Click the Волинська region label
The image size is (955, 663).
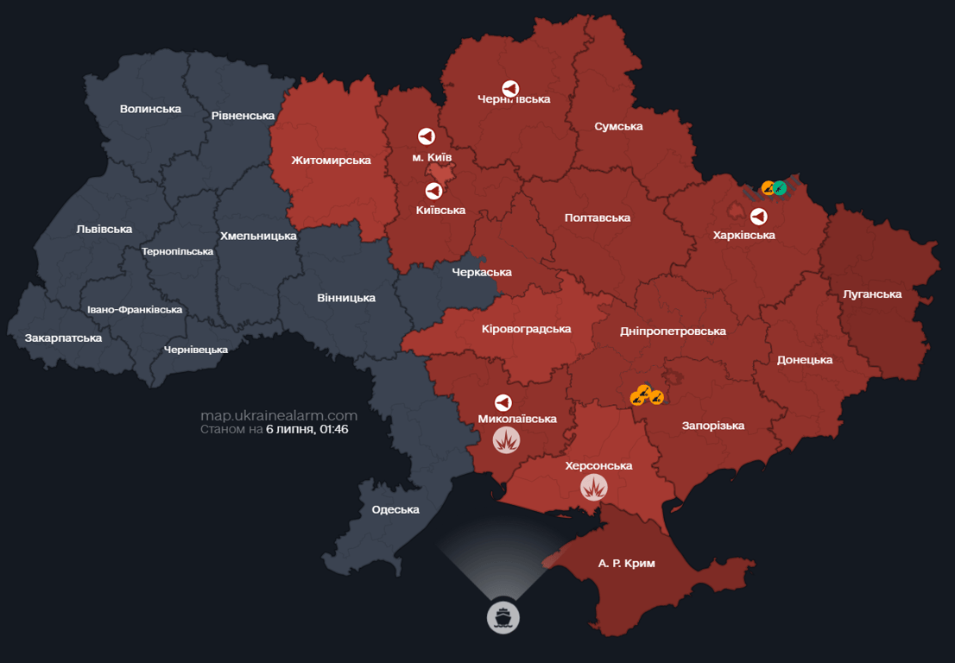pyautogui.click(x=150, y=109)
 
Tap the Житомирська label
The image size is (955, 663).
pyautogui.click(x=331, y=161)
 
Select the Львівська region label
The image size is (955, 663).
pyautogui.click(x=104, y=229)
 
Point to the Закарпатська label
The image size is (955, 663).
pyautogui.click(x=63, y=338)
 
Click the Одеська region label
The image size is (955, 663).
pyautogui.click(x=395, y=509)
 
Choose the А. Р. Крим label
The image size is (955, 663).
pyautogui.click(x=626, y=563)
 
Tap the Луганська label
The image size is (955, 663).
pyautogui.click(x=872, y=294)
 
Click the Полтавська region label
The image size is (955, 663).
pyautogui.click(x=597, y=218)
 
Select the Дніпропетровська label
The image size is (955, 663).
pyautogui.click(x=673, y=331)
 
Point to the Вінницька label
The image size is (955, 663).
pyautogui.click(x=346, y=298)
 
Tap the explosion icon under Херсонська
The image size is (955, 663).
pyautogui.click(x=593, y=488)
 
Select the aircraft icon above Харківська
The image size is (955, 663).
pyautogui.click(x=758, y=216)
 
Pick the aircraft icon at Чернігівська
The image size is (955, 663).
pyautogui.click(x=510, y=89)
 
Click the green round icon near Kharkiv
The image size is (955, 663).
pyautogui.click(x=780, y=187)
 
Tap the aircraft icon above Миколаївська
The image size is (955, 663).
pyautogui.click(x=503, y=402)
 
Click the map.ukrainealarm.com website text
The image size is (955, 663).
pyautogui.click(x=278, y=415)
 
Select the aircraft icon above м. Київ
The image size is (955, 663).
pyautogui.click(x=426, y=136)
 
